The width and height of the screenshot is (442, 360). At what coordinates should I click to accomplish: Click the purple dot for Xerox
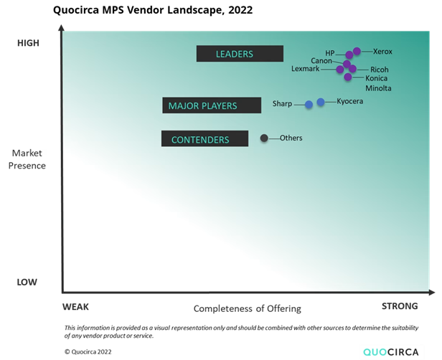tap(357, 51)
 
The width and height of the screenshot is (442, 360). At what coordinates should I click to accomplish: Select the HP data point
tap(349, 55)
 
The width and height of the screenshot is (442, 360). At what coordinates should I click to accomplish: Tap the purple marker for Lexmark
tap(340, 69)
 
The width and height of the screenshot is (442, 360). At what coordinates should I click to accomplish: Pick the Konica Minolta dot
tap(348, 77)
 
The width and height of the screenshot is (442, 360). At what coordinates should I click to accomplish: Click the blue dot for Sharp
tap(309, 105)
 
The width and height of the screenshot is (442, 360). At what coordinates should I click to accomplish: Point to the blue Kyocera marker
tap(321, 102)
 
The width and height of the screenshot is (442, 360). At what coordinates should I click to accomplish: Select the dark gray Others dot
tap(264, 138)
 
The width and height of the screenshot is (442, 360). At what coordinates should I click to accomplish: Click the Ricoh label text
tap(379, 70)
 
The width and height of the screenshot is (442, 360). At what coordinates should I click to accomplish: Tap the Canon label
tap(321, 60)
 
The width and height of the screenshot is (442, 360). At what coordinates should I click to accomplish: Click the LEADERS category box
tap(240, 54)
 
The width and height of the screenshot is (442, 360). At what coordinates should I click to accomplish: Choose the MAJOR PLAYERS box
tap(212, 105)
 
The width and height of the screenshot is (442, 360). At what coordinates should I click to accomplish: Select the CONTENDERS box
tap(204, 138)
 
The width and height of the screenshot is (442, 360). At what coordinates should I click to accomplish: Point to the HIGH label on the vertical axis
tap(28, 43)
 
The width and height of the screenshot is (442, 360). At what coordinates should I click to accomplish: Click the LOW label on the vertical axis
tap(27, 282)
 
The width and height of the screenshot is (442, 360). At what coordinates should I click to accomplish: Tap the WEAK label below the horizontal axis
tap(75, 307)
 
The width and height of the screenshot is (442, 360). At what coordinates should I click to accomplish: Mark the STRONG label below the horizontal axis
tap(400, 306)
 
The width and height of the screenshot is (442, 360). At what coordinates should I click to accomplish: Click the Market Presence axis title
tap(27, 159)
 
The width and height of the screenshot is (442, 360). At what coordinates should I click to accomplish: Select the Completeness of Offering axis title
tap(248, 309)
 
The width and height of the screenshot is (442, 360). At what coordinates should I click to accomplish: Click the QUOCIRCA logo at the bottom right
tap(390, 352)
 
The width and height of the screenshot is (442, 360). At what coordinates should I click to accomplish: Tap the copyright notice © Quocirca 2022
tap(88, 352)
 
